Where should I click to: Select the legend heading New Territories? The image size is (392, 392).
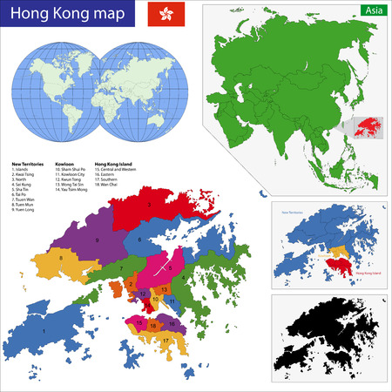pos(28,163)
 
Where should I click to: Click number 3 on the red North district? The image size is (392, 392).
pos(150,205)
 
